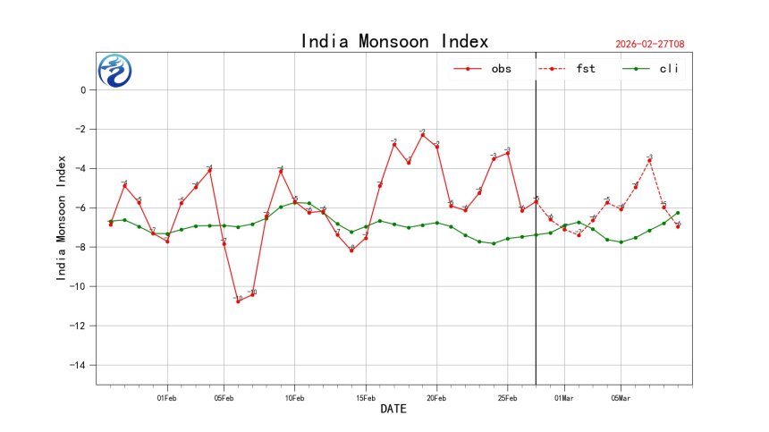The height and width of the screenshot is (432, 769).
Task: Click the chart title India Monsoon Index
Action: pos(394,41)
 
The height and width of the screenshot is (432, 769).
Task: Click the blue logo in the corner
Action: pos(114,71)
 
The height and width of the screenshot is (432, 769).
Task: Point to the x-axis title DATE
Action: pos(394,409)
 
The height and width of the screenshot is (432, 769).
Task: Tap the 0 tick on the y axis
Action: pos(82,89)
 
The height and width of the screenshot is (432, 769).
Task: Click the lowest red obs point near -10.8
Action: pos(238,301)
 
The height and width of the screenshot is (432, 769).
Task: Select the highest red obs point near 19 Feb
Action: pos(423,135)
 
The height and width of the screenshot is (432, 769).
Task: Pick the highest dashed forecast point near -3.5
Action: pos(650,159)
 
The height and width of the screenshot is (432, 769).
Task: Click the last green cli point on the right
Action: pos(678,213)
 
